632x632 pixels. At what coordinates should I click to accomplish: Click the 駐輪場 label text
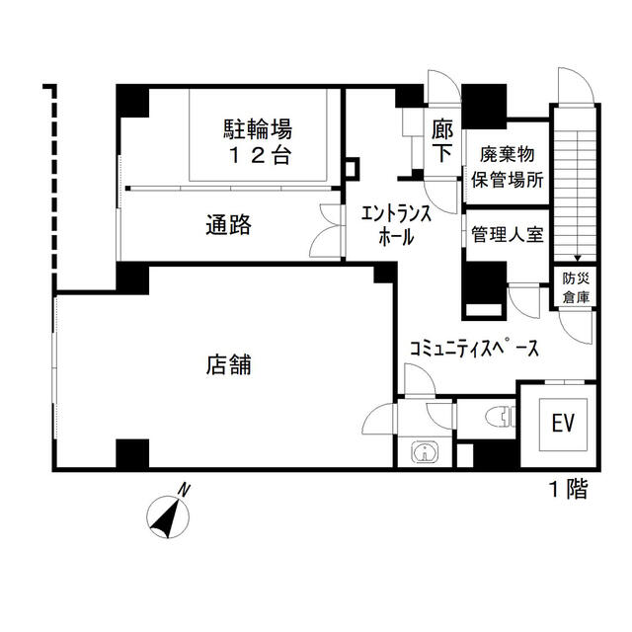click(x=256, y=128)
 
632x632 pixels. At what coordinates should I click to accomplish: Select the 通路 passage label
click(x=228, y=225)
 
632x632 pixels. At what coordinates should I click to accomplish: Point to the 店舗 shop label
click(x=228, y=364)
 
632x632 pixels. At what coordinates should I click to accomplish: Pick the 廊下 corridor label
click(x=441, y=139)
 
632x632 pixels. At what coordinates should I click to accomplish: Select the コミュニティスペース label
click(x=474, y=349)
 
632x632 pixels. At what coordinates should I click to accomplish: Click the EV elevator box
click(x=563, y=424)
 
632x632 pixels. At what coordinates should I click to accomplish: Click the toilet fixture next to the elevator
click(x=501, y=418)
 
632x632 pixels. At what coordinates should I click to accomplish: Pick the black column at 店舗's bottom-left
click(x=131, y=454)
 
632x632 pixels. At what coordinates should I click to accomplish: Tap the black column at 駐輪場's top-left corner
click(x=131, y=102)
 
